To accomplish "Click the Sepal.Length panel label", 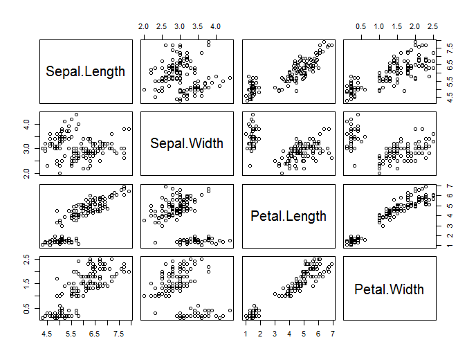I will coord(86,71).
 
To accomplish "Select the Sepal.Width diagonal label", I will coord(187,143).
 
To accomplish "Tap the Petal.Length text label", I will coord(289,215).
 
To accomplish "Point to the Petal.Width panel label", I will coord(390,288).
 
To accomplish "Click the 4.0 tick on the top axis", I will coord(214,26).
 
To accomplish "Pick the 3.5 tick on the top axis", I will coord(196,26).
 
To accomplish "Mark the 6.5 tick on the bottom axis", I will coord(96,333).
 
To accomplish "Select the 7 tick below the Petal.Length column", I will coord(333,333).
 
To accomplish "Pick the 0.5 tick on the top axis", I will coord(360,26).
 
